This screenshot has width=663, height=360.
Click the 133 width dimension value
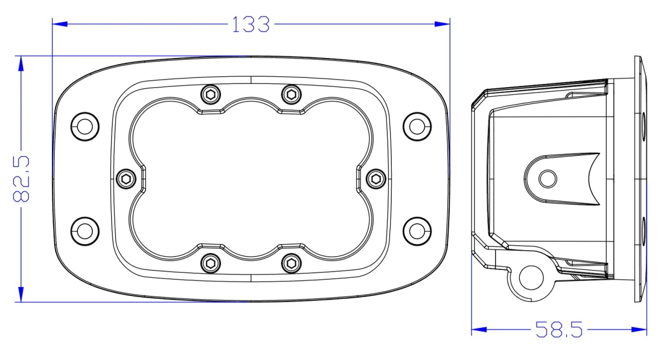pyautogui.click(x=250, y=24)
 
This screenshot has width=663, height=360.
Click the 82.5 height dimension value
pyautogui.click(x=21, y=179)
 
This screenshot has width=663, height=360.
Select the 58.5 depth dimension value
pyautogui.click(x=559, y=330)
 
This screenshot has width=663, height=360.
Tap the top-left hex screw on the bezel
pyautogui.click(x=209, y=94)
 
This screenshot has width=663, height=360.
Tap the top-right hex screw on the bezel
pyautogui.click(x=291, y=94)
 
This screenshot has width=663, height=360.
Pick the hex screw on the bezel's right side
pyautogui.click(x=376, y=178)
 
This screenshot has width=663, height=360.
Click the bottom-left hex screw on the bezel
pyautogui.click(x=209, y=263)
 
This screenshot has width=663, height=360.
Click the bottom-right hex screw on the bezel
pyautogui.click(x=291, y=263)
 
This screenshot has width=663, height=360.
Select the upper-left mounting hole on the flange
pyautogui.click(x=85, y=126)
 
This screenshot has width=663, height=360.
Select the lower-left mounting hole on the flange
pyautogui.click(x=85, y=230)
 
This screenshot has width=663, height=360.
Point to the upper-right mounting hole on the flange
pyautogui.click(x=417, y=126)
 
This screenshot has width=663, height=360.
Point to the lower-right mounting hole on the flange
pyautogui.click(x=417, y=230)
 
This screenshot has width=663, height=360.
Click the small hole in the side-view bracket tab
pyautogui.click(x=548, y=178)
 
